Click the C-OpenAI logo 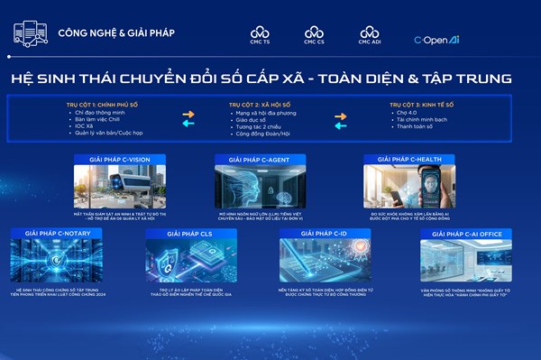438,40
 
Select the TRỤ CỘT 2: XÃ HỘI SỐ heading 261,105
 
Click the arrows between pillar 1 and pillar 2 188,119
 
